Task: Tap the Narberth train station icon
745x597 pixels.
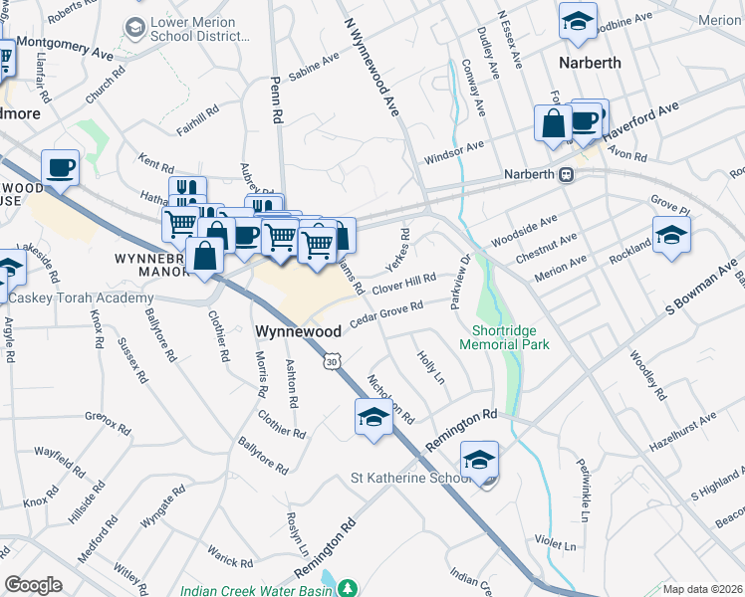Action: point(566,174)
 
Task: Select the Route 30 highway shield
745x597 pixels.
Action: point(331,362)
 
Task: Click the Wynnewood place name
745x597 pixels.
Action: point(299,330)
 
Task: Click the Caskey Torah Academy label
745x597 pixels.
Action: point(84,298)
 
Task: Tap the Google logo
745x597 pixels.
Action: point(33,585)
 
